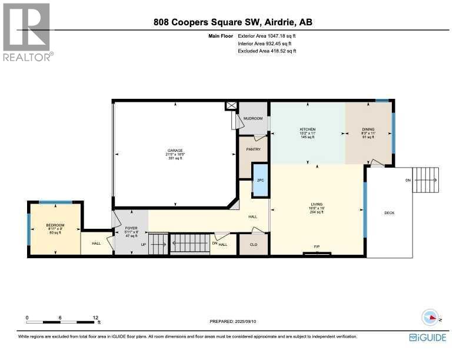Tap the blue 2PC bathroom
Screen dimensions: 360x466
pos(259,180)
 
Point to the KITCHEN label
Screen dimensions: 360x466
pos(307,129)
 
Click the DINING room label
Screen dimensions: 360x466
pos(368,129)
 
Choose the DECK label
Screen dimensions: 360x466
pos(389,212)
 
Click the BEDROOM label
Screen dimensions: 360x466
pos(55,225)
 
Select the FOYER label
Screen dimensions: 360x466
pos(131,224)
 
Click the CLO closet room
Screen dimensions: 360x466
pos(254,244)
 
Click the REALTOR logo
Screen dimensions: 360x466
pos(27,32)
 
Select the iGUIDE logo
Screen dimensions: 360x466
pos(428,337)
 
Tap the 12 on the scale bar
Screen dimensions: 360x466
pos(95,317)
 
